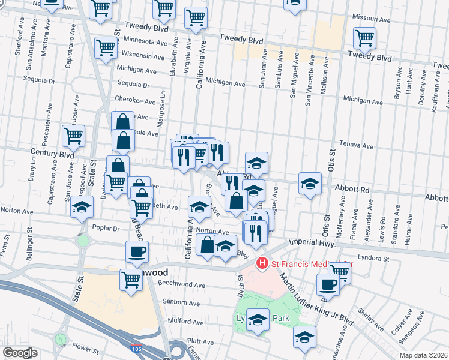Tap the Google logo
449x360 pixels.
pyautogui.click(x=19, y=353)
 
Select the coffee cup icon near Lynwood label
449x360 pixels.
pyautogui.click(x=137, y=251)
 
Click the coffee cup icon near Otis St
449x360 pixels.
pyautogui.click(x=328, y=284)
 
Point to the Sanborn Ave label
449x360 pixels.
pyautogui.click(x=182, y=303)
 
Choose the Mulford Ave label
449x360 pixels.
pyautogui.click(x=182, y=321)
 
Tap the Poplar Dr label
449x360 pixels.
pyautogui.click(x=107, y=227)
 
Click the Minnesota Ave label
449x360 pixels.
pyautogui.click(x=144, y=42)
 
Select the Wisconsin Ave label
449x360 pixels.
pyautogui.click(x=144, y=56)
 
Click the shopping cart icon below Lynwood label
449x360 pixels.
pyautogui.click(x=131, y=279)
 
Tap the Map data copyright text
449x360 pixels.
pyautogui.click(x=423, y=355)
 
